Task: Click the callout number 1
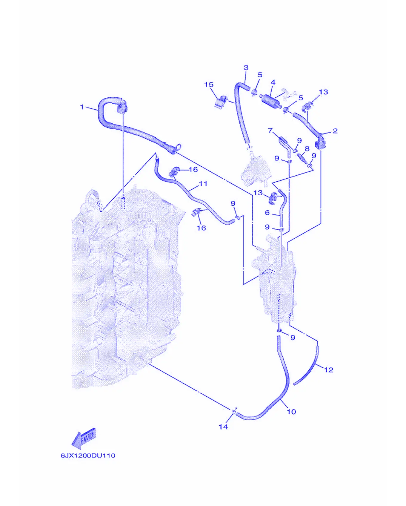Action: pos(82,107)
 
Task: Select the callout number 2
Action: pos(335,131)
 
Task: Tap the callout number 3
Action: pos(246,68)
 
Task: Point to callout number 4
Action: pos(273,82)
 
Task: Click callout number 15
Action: pos(209,85)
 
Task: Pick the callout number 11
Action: pos(203,183)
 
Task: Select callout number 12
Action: pos(328,370)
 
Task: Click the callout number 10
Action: pos(291,412)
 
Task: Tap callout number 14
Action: pos(223,427)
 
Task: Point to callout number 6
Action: pos(267,213)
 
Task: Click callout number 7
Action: pos(270,131)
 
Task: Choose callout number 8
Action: pos(307,149)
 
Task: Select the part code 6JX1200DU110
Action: pos(88,456)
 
